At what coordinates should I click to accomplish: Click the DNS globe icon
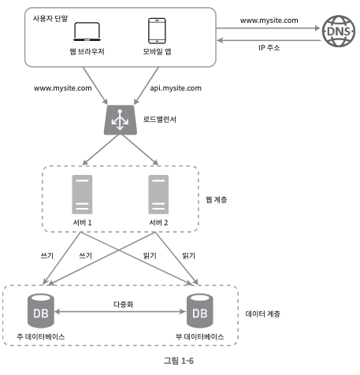(x=339, y=31)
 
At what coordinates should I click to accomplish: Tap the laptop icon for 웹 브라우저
(x=87, y=32)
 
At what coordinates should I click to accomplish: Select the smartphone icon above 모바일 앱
(x=157, y=31)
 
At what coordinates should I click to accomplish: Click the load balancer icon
(x=121, y=120)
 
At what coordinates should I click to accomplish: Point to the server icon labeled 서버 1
(x=82, y=195)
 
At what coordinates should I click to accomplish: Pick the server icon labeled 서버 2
(x=158, y=195)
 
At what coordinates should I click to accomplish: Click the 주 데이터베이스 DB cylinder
(x=41, y=310)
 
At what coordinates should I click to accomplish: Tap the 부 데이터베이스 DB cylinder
(x=200, y=310)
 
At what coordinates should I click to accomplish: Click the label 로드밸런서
(x=160, y=120)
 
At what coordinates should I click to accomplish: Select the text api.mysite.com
(x=176, y=88)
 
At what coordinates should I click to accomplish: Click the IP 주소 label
(x=269, y=47)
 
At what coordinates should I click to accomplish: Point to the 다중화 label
(x=124, y=304)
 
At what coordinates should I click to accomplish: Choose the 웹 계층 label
(x=217, y=200)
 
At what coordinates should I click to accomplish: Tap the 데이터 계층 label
(x=262, y=314)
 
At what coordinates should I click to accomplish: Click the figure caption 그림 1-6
(x=179, y=361)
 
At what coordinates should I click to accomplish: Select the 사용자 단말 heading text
(x=50, y=18)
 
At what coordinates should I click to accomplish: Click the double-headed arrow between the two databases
(x=121, y=312)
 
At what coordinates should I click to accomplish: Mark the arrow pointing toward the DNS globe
(x=269, y=28)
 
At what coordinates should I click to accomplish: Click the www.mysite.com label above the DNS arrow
(x=269, y=20)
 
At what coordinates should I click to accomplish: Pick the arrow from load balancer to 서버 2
(x=140, y=150)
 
